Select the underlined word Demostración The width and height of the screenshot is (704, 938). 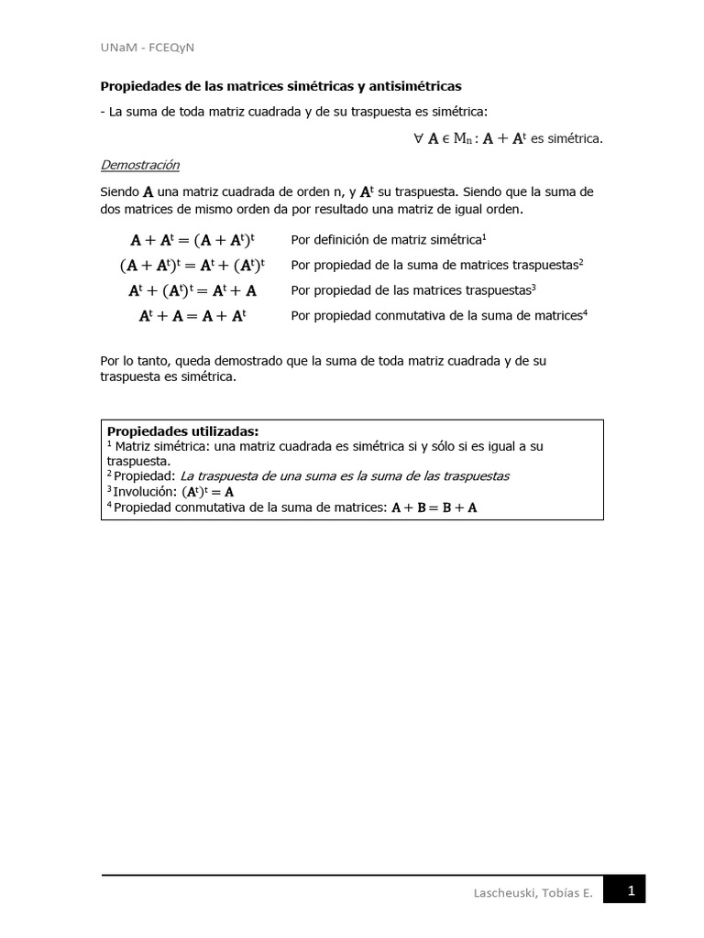click(x=139, y=165)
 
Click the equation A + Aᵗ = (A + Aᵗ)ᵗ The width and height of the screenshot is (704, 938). click(x=190, y=240)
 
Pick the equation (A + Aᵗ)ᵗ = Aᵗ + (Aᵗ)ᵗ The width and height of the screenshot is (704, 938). click(x=192, y=266)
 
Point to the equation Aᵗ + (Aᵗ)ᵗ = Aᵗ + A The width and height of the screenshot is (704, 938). click(x=192, y=290)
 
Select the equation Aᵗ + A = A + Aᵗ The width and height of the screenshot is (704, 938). click(x=192, y=315)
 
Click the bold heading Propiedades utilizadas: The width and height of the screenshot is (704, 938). click(x=183, y=431)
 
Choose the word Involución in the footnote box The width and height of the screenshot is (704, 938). click(x=145, y=491)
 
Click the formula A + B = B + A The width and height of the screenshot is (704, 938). click(x=434, y=507)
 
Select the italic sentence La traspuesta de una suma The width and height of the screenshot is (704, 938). click(x=344, y=475)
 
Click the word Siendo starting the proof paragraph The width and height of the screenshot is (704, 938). click(x=119, y=192)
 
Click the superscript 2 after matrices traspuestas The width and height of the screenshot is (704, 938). click(x=581, y=262)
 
